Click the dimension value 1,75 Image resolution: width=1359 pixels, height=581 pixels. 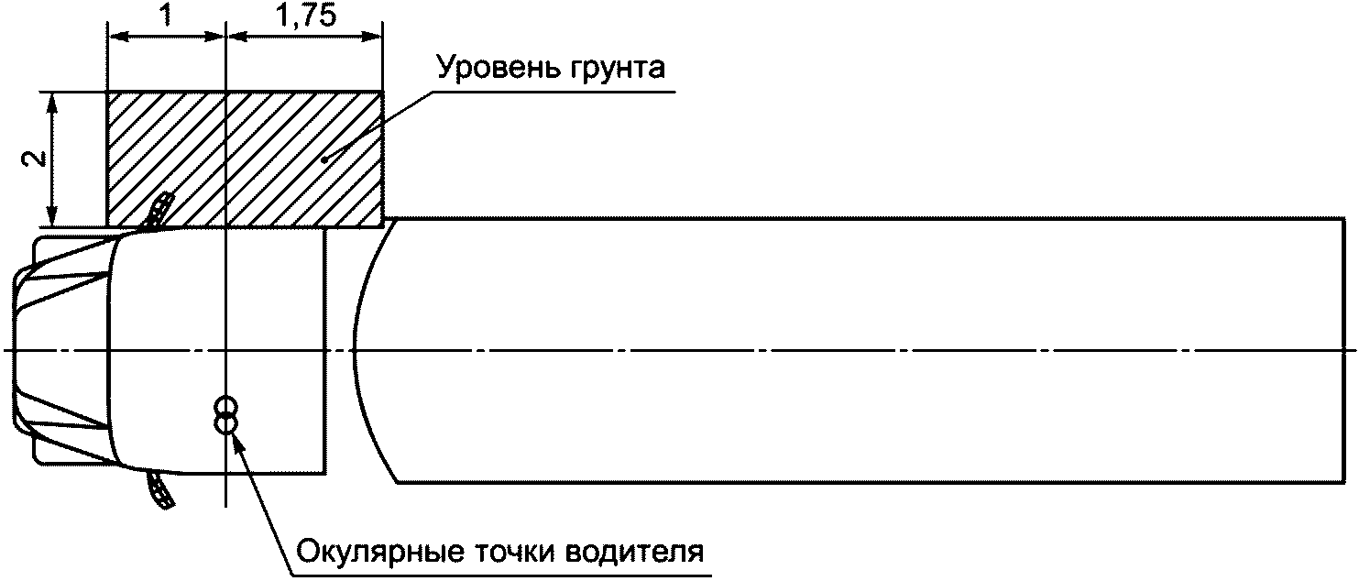click(302, 16)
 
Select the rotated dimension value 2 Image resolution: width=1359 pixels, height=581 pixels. click(34, 159)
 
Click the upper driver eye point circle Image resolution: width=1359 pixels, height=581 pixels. click(225, 407)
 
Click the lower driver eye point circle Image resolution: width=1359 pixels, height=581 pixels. click(225, 422)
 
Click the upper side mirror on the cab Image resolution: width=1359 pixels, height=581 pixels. click(159, 210)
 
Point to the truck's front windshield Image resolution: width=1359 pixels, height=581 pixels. click(64, 350)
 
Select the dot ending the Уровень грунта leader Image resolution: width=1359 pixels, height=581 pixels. click(323, 161)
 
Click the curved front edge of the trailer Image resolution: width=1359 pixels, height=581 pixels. click(357, 350)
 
